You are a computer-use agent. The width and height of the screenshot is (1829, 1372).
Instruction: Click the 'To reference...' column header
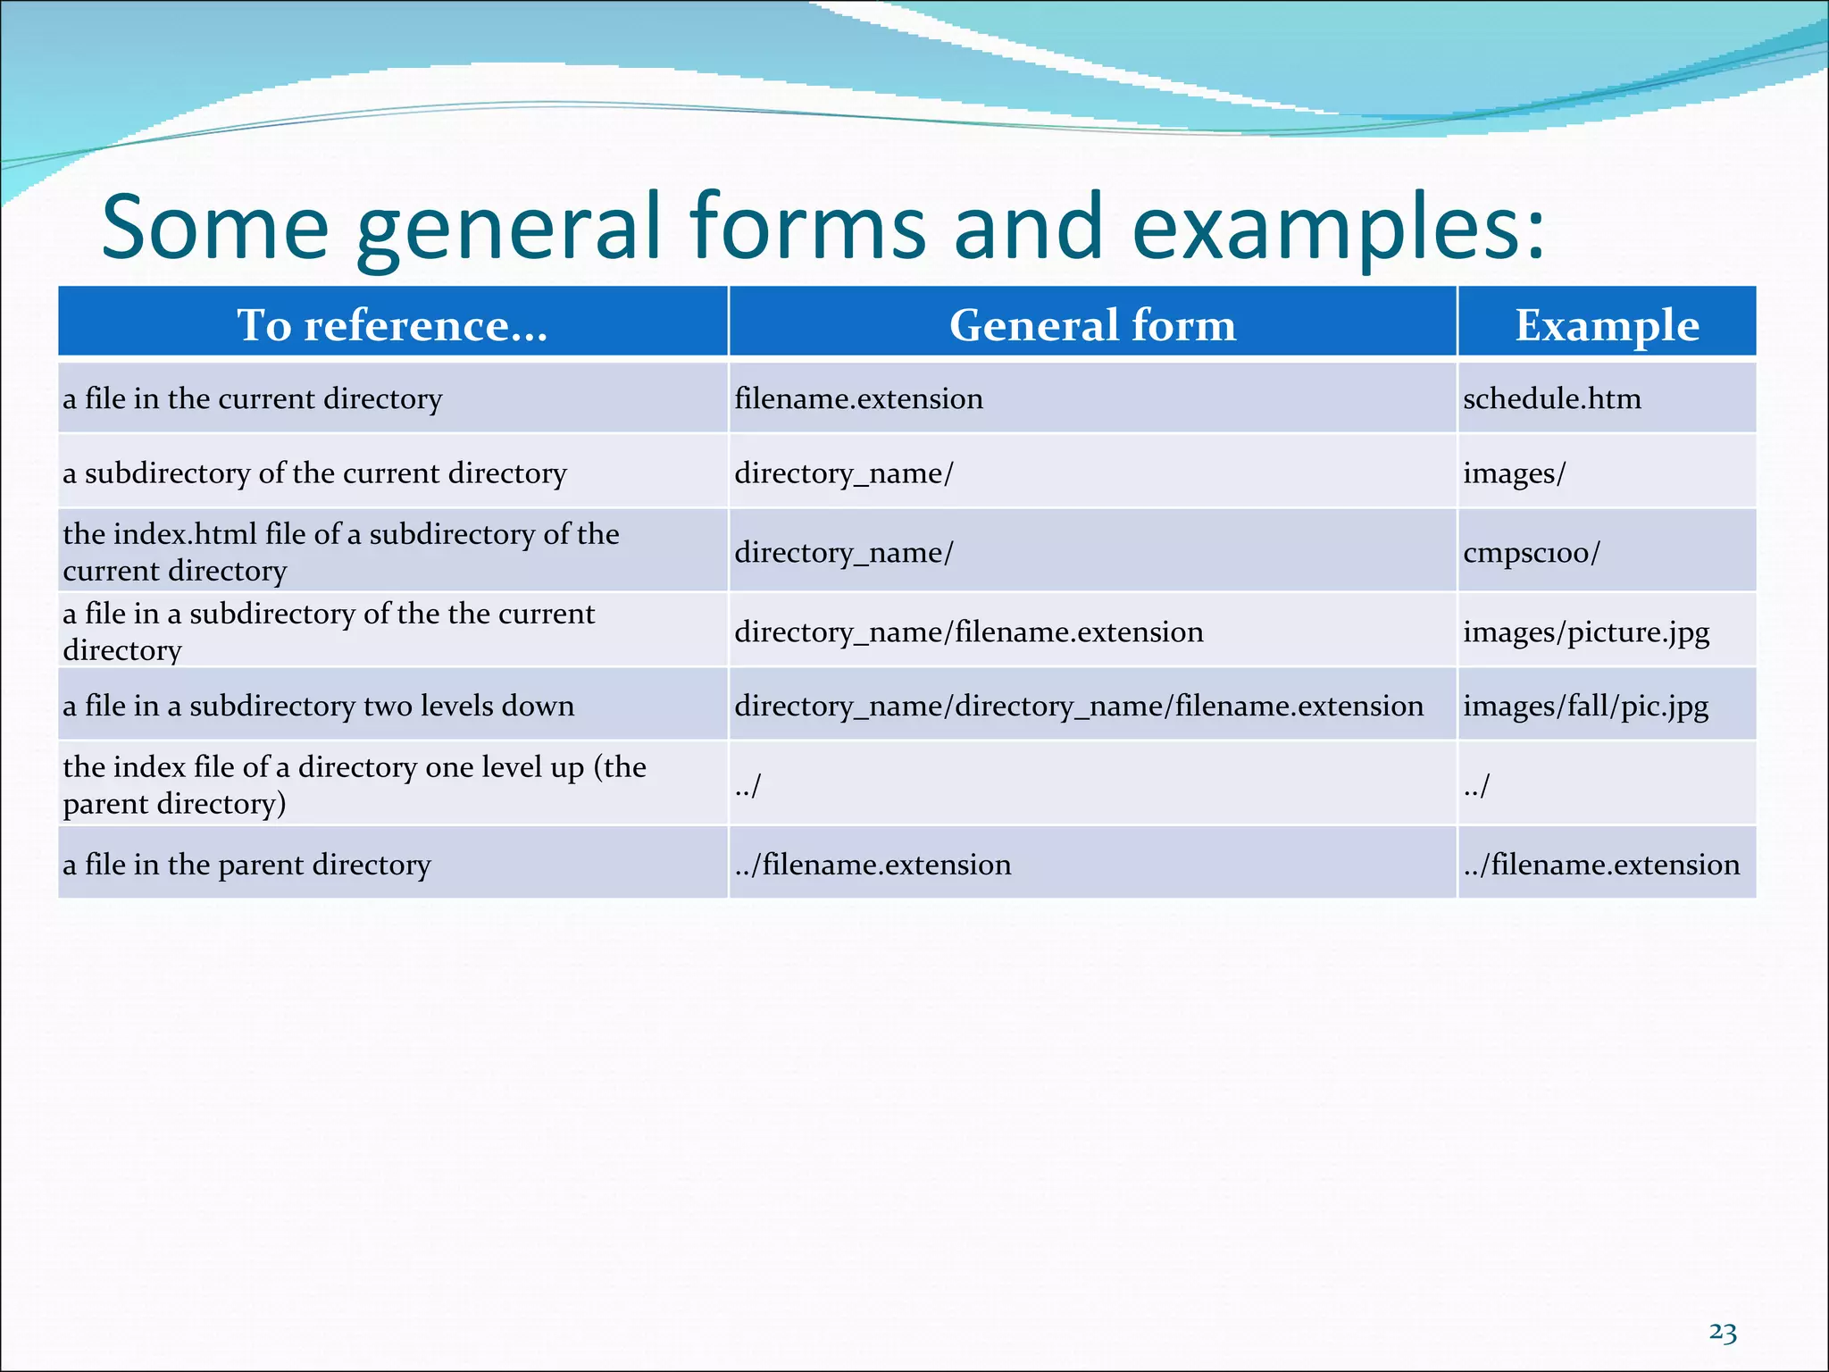tap(392, 325)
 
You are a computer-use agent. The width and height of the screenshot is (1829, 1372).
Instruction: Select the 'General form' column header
tap(1092, 325)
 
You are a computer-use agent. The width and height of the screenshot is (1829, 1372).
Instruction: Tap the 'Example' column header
tap(1607, 325)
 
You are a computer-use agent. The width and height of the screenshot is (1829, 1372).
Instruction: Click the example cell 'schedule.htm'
tap(1552, 398)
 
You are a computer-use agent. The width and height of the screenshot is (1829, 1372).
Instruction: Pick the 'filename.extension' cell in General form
tap(858, 398)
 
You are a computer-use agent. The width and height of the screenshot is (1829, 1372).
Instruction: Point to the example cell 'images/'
tap(1514, 473)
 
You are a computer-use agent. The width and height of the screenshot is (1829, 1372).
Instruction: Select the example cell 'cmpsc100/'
tap(1532, 552)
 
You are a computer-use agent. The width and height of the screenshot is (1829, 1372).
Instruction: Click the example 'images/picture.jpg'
tap(1586, 632)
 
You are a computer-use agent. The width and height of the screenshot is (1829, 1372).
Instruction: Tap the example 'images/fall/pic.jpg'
tap(1585, 706)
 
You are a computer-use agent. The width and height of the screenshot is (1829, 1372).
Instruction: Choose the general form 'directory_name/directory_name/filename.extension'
tap(1079, 706)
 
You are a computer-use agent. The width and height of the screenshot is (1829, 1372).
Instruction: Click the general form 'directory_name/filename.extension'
tap(969, 632)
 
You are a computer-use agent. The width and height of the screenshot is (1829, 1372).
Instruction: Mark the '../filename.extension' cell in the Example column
tap(1601, 864)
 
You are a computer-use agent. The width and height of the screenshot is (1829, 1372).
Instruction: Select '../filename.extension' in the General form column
tap(873, 864)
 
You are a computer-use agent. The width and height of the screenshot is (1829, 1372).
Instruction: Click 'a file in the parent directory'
tap(246, 864)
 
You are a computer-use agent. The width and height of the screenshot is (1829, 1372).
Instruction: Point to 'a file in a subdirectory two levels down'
tap(319, 706)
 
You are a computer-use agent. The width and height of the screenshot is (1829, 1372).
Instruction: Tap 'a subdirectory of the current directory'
tap(314, 473)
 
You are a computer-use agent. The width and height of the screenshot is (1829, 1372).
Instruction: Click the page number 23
tap(1723, 1333)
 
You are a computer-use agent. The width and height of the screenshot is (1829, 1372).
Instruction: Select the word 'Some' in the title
tap(215, 227)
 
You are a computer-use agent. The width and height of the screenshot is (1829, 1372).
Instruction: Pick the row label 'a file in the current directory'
tap(253, 398)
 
